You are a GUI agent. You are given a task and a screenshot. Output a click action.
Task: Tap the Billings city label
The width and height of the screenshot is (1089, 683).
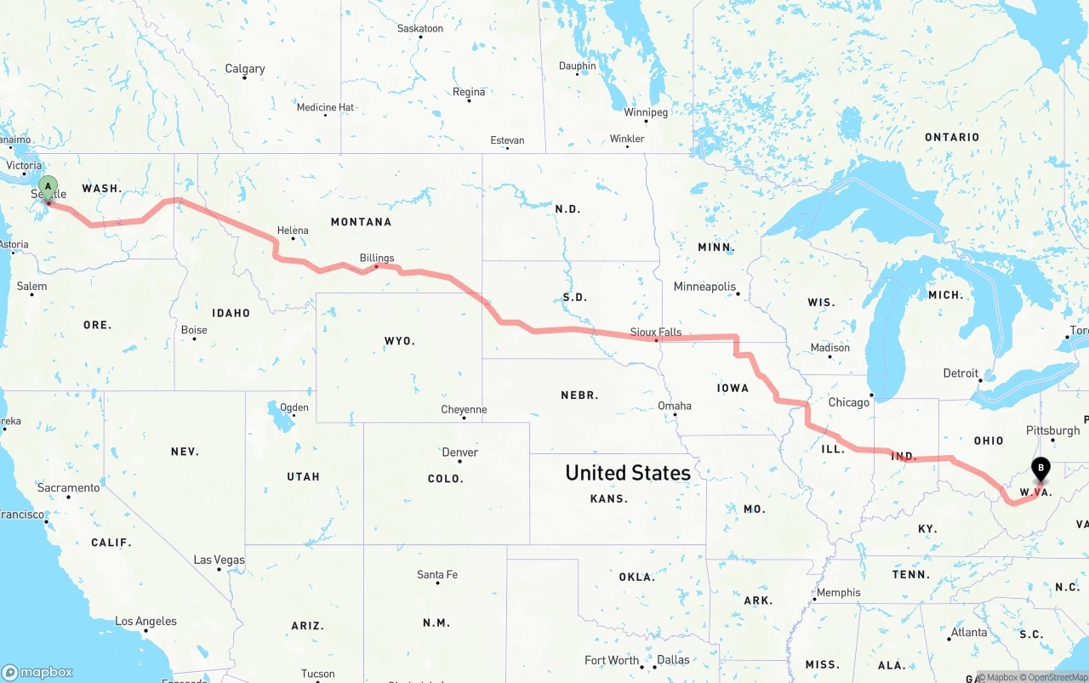pos(377,258)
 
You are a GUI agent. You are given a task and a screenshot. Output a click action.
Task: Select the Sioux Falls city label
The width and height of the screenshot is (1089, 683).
pos(655,332)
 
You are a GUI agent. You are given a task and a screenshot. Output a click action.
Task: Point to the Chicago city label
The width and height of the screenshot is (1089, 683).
pos(849,402)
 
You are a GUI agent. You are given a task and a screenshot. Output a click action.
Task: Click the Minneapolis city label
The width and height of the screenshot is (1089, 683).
pos(704,287)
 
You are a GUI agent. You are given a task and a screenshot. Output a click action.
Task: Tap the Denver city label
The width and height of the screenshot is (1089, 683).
pos(459,452)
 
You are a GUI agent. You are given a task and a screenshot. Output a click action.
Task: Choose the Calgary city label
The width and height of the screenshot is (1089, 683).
pos(245,69)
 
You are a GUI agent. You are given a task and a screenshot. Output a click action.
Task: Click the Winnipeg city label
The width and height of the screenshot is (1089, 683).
pos(646,112)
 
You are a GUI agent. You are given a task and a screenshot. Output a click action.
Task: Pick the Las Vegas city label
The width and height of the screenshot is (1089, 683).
pos(219,560)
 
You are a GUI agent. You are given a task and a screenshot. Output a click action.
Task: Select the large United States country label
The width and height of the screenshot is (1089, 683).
pos(628,473)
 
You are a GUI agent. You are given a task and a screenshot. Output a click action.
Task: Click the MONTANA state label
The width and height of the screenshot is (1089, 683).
pos(361,222)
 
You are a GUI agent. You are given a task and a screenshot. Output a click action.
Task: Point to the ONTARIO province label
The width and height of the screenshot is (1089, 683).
pos(952,137)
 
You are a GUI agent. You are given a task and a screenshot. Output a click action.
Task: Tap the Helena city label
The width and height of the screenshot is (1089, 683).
pos(293,231)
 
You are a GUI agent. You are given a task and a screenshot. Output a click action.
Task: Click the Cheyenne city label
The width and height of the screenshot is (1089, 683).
pos(464,410)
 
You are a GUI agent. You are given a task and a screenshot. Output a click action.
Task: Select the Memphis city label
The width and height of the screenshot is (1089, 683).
pos(838,593)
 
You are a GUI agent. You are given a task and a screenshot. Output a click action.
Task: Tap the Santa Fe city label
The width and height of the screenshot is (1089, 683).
pos(437,575)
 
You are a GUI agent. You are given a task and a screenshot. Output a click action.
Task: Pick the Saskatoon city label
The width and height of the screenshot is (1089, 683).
pos(420,29)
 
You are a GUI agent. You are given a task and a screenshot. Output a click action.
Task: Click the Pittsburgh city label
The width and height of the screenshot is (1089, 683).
pos(1052,430)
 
